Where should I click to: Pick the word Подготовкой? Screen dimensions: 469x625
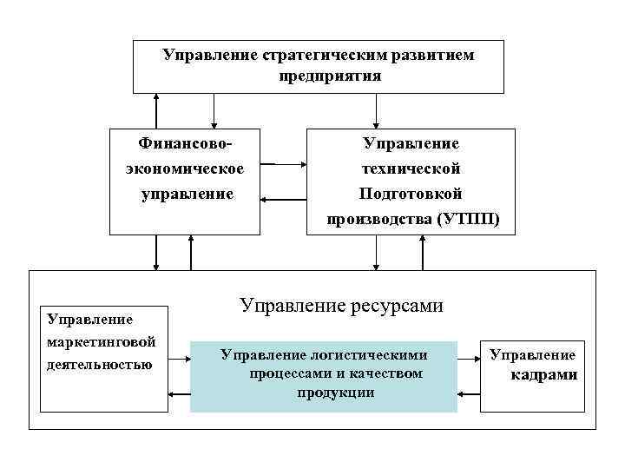point(411,193)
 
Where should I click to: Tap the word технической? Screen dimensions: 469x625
point(411,168)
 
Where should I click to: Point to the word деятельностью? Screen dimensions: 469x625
point(99,363)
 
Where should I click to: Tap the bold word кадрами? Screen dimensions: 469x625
point(544,375)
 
